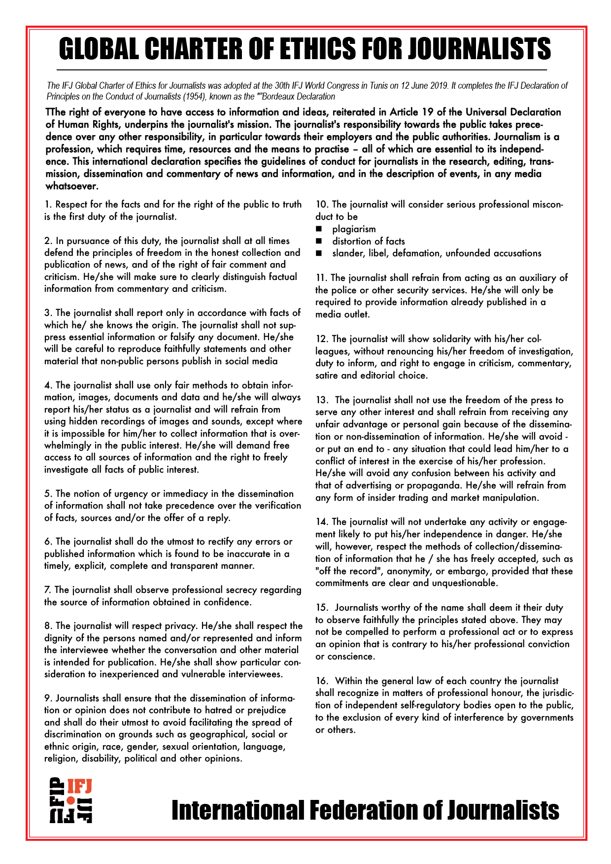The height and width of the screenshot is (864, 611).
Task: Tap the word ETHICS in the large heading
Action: coord(318,49)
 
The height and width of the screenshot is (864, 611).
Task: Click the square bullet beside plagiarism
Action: coord(319,229)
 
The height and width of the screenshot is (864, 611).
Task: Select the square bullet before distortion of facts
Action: coord(319,241)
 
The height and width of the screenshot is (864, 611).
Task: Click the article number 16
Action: coord(321,681)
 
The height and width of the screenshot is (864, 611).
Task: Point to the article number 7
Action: coord(47,590)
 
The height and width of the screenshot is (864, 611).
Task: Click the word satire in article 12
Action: coord(328,376)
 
